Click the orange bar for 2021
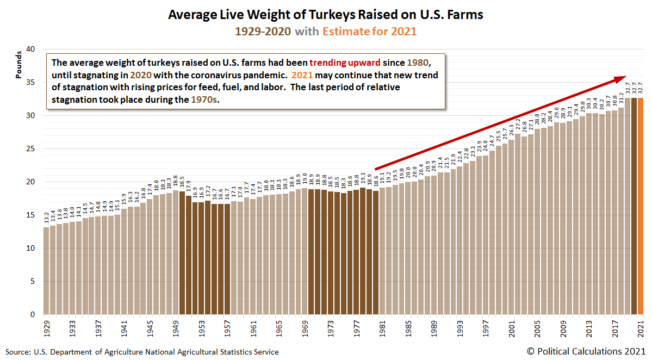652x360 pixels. [x=641, y=207]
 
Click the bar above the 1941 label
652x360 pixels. [x=123, y=262]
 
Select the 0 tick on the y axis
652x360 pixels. [x=33, y=315]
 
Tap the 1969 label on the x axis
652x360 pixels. [x=305, y=330]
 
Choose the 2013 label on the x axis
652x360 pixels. [x=589, y=330]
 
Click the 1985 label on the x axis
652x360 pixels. [x=408, y=330]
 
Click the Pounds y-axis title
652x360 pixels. [x=18, y=65]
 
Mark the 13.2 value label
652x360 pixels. [x=46, y=218]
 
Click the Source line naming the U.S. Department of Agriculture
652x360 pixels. [x=142, y=352]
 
